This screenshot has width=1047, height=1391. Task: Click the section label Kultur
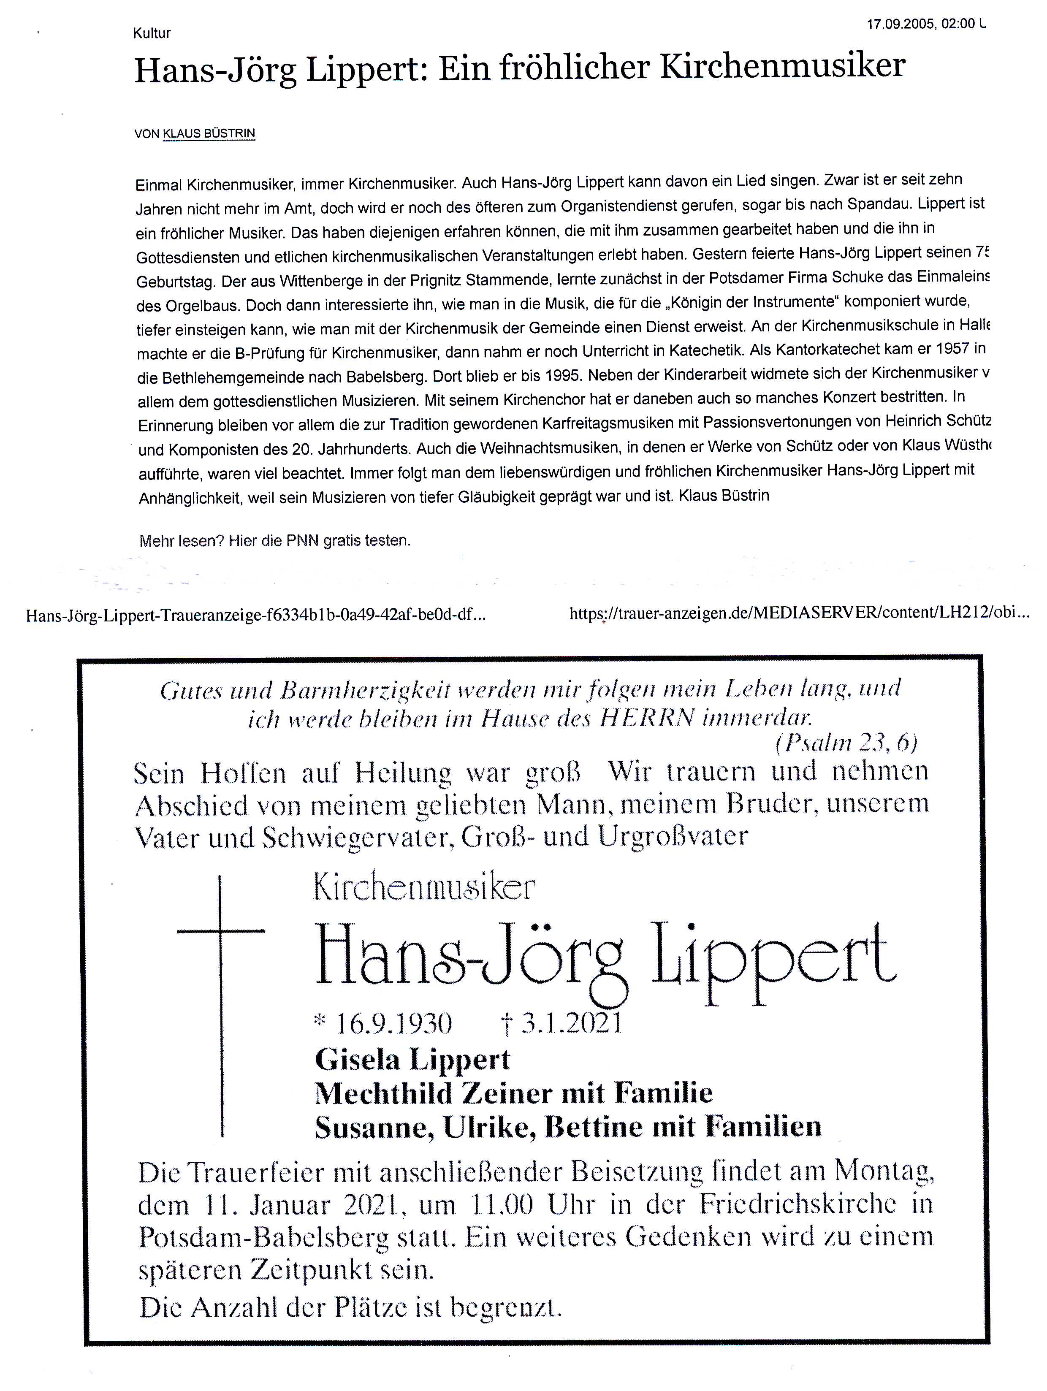(x=152, y=33)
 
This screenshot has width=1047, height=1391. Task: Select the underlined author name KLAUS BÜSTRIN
(x=209, y=133)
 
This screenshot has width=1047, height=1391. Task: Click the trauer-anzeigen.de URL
(x=799, y=613)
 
